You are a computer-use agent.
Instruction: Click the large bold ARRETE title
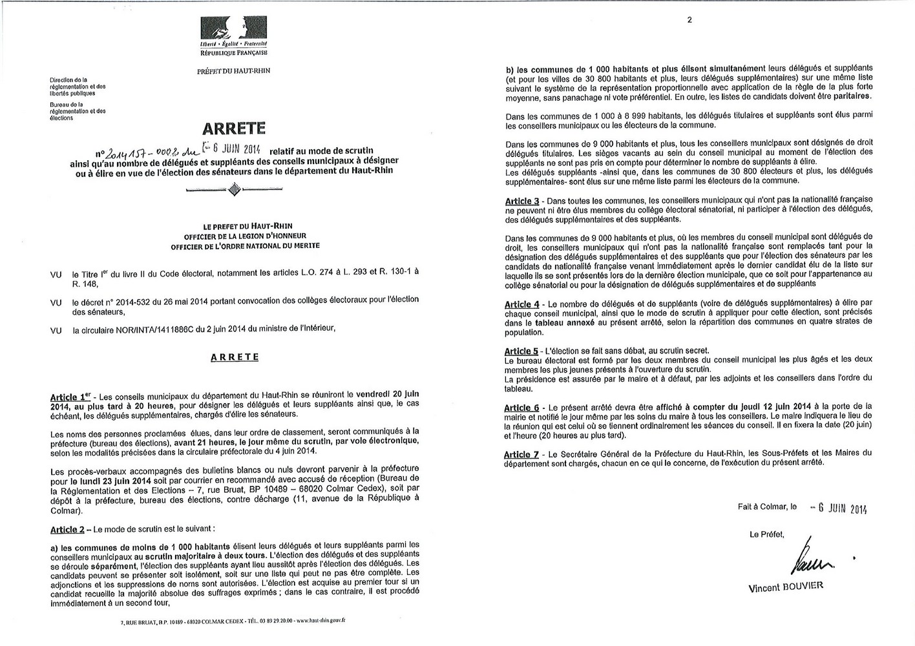pyautogui.click(x=234, y=129)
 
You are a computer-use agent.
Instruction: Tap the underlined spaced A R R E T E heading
pyautogui.click(x=235, y=357)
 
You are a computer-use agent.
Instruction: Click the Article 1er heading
pyautogui.click(x=71, y=396)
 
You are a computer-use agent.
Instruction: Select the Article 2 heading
pyautogui.click(x=67, y=530)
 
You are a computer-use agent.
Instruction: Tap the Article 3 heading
pyautogui.click(x=522, y=201)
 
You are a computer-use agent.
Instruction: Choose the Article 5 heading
pyautogui.click(x=521, y=351)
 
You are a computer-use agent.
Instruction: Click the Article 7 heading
pyautogui.click(x=521, y=455)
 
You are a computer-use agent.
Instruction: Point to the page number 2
pyautogui.click(x=689, y=20)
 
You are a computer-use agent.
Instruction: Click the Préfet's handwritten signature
pyautogui.click(x=810, y=557)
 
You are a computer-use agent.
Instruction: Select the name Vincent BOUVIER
pyautogui.click(x=785, y=587)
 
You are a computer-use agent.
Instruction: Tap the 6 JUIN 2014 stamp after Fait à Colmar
pyautogui.click(x=838, y=508)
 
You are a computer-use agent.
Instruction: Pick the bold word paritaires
pyautogui.click(x=844, y=96)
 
